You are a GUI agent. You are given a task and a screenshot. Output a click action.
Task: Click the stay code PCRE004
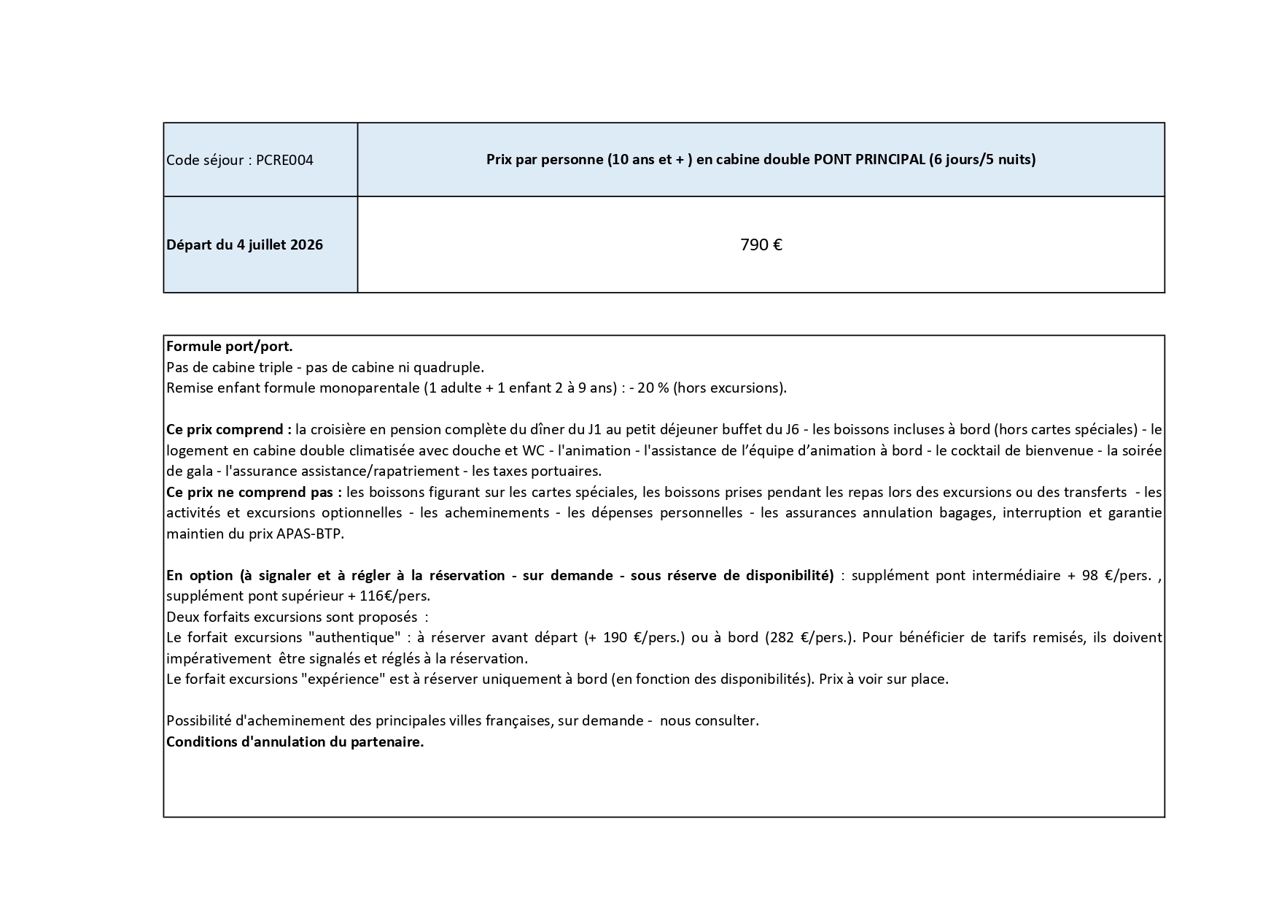pos(284,161)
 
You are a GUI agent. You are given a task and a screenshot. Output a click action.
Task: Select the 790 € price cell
pos(761,245)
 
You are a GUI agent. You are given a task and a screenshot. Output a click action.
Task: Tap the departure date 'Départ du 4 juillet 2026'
pos(244,245)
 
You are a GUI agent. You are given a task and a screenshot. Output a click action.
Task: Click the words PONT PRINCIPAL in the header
pos(868,160)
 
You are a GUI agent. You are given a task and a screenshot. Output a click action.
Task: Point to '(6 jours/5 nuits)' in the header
pos(982,160)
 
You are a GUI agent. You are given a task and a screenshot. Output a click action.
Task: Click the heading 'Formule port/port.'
pos(229,347)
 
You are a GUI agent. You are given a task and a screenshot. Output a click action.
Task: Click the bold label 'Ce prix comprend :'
pos(228,430)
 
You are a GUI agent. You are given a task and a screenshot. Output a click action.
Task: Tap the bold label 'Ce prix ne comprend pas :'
pos(254,493)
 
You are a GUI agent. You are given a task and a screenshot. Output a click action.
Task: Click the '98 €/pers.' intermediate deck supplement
pos(1116,576)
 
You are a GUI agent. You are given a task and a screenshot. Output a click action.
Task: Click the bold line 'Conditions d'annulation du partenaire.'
pos(295,742)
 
